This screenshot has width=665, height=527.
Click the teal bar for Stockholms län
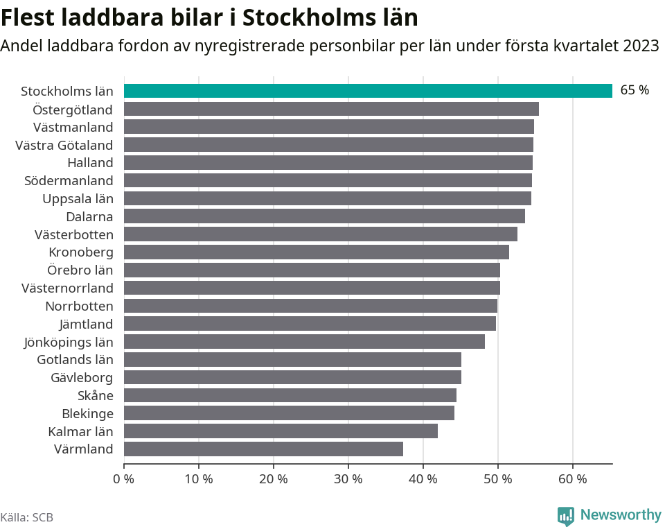(x=368, y=91)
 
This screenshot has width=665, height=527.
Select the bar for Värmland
(x=263, y=449)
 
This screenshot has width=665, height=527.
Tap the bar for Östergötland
(x=331, y=109)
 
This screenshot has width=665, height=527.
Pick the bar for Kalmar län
(x=281, y=431)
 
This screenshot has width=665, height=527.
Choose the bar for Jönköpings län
(x=304, y=341)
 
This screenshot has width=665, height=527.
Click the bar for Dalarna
(x=324, y=216)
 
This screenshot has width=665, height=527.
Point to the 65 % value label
(x=635, y=90)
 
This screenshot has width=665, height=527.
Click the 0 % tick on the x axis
(x=123, y=478)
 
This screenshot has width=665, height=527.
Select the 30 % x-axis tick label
(x=348, y=478)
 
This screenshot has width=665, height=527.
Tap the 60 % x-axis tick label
(x=572, y=478)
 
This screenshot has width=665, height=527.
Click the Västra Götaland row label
(x=64, y=145)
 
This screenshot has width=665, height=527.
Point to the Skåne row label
(x=96, y=395)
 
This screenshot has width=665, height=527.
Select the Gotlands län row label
(x=75, y=359)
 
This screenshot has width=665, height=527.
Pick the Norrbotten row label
(x=79, y=306)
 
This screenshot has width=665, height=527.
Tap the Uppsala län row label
(x=78, y=198)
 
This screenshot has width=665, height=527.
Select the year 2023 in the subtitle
(x=641, y=46)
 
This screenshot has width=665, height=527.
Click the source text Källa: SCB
(x=27, y=517)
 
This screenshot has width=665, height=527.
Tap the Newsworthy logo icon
(x=566, y=516)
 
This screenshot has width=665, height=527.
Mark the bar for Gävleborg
(x=292, y=377)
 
